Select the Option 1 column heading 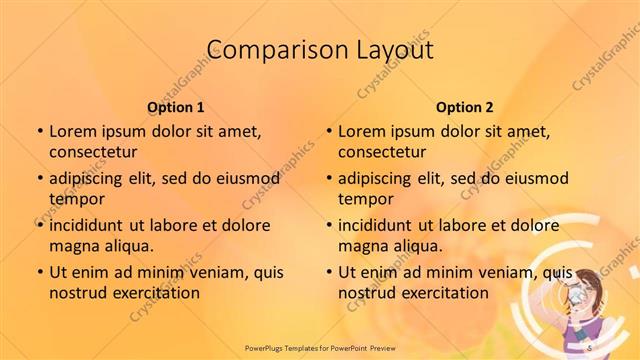[x=176, y=106]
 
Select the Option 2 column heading [x=465, y=106]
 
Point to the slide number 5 [x=591, y=346]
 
